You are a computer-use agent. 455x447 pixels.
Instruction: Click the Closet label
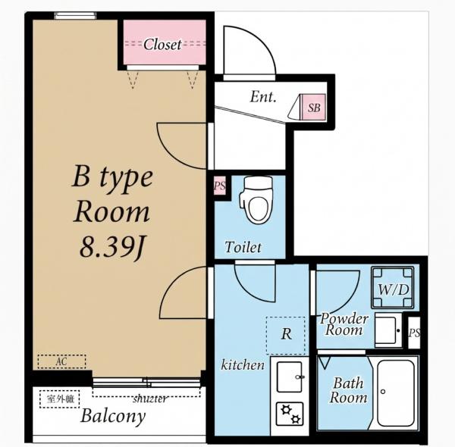pos(162,45)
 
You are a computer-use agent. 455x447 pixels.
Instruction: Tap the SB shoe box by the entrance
pos(313,107)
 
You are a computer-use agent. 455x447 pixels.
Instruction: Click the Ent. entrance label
pos(263,96)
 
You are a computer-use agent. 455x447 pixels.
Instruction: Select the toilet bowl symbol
pos(256,200)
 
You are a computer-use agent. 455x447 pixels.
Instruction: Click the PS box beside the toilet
pos(220,186)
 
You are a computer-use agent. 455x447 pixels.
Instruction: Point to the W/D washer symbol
pos(393,288)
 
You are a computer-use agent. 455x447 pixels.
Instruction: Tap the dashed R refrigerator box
pos(286,336)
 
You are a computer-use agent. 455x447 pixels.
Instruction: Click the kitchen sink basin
pos(290,377)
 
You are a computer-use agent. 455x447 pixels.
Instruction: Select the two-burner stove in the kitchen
pos(290,414)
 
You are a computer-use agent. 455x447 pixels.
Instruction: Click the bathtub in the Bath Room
pos(396,393)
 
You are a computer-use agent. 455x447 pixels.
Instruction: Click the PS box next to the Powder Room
pos(414,333)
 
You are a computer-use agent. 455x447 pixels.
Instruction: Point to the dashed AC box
pos(62,361)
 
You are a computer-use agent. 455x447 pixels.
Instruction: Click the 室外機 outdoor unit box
pos(60,399)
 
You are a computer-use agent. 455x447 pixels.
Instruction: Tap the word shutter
pos(150,399)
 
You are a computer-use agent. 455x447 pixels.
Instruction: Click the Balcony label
pos(113,416)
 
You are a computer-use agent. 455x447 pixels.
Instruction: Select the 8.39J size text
pos(113,247)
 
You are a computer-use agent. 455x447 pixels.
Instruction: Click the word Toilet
pos(243,247)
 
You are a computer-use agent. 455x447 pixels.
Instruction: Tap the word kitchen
pos(243,365)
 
